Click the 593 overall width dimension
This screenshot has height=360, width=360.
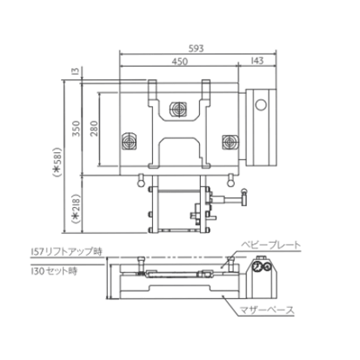point(197,50)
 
